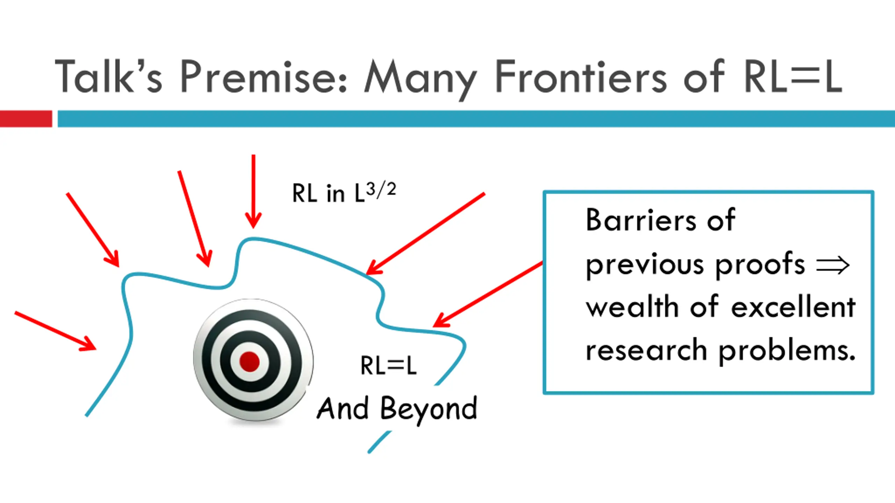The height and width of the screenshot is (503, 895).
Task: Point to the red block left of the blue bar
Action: pyautogui.click(x=26, y=119)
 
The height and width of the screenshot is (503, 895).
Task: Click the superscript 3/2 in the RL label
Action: pyautogui.click(x=381, y=190)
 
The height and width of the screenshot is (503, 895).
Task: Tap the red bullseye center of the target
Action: pyautogui.click(x=249, y=361)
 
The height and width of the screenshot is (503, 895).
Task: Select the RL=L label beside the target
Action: pyautogui.click(x=388, y=366)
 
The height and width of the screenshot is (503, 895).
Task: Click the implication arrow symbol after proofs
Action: pyautogui.click(x=833, y=265)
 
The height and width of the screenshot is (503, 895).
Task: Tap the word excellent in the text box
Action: pyautogui.click(x=793, y=307)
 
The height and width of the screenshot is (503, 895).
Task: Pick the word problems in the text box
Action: pyautogui.click(x=787, y=351)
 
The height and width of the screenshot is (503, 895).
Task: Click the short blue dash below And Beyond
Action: pyautogui.click(x=379, y=442)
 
